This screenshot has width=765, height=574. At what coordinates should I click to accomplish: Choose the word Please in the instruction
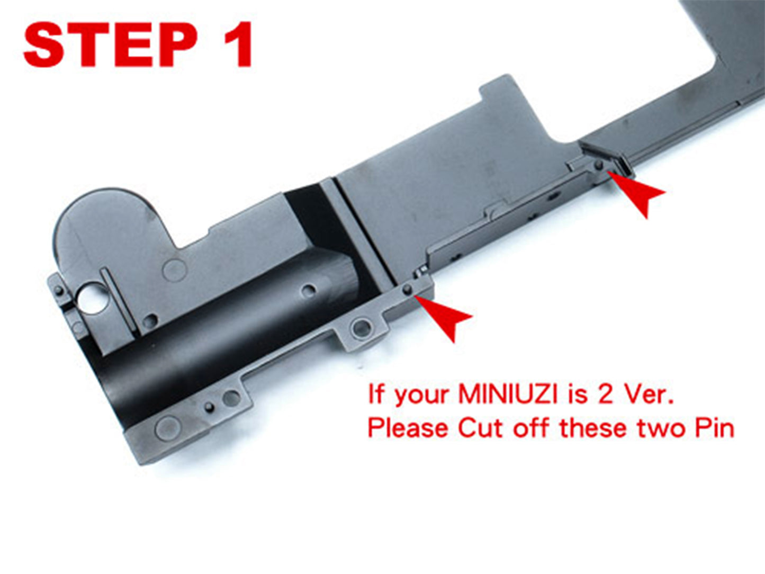[408, 428]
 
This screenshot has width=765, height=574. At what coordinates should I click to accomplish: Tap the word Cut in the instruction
[481, 428]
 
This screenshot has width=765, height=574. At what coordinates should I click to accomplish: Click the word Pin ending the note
[714, 428]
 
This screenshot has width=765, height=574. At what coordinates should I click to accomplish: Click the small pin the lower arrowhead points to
[407, 289]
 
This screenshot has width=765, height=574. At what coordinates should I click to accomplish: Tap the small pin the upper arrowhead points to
[599, 165]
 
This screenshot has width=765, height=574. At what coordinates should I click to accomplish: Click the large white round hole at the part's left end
[93, 298]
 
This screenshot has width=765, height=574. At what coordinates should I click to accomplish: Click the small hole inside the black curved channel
[309, 290]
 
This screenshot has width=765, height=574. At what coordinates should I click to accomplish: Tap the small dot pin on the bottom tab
[209, 407]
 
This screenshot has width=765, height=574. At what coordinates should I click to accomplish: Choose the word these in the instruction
[593, 428]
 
